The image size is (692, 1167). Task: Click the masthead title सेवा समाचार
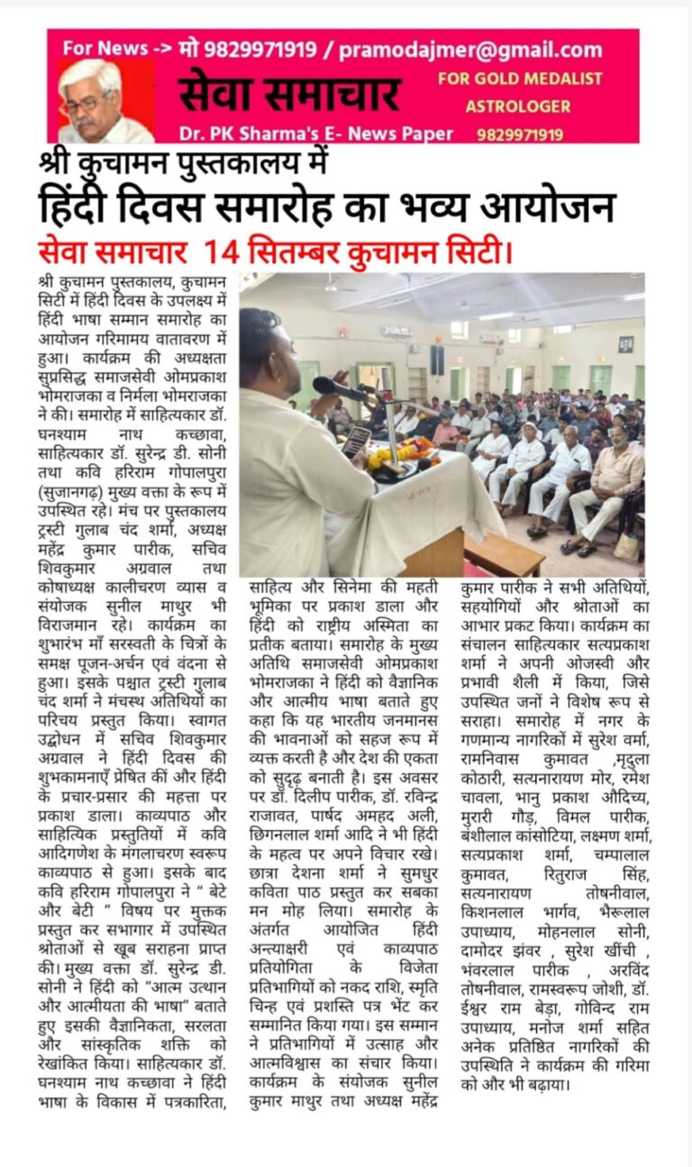pyautogui.click(x=288, y=94)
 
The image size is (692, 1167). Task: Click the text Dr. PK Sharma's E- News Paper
pyautogui.click(x=315, y=133)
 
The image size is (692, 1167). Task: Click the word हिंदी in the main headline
pyautogui.click(x=82, y=206)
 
